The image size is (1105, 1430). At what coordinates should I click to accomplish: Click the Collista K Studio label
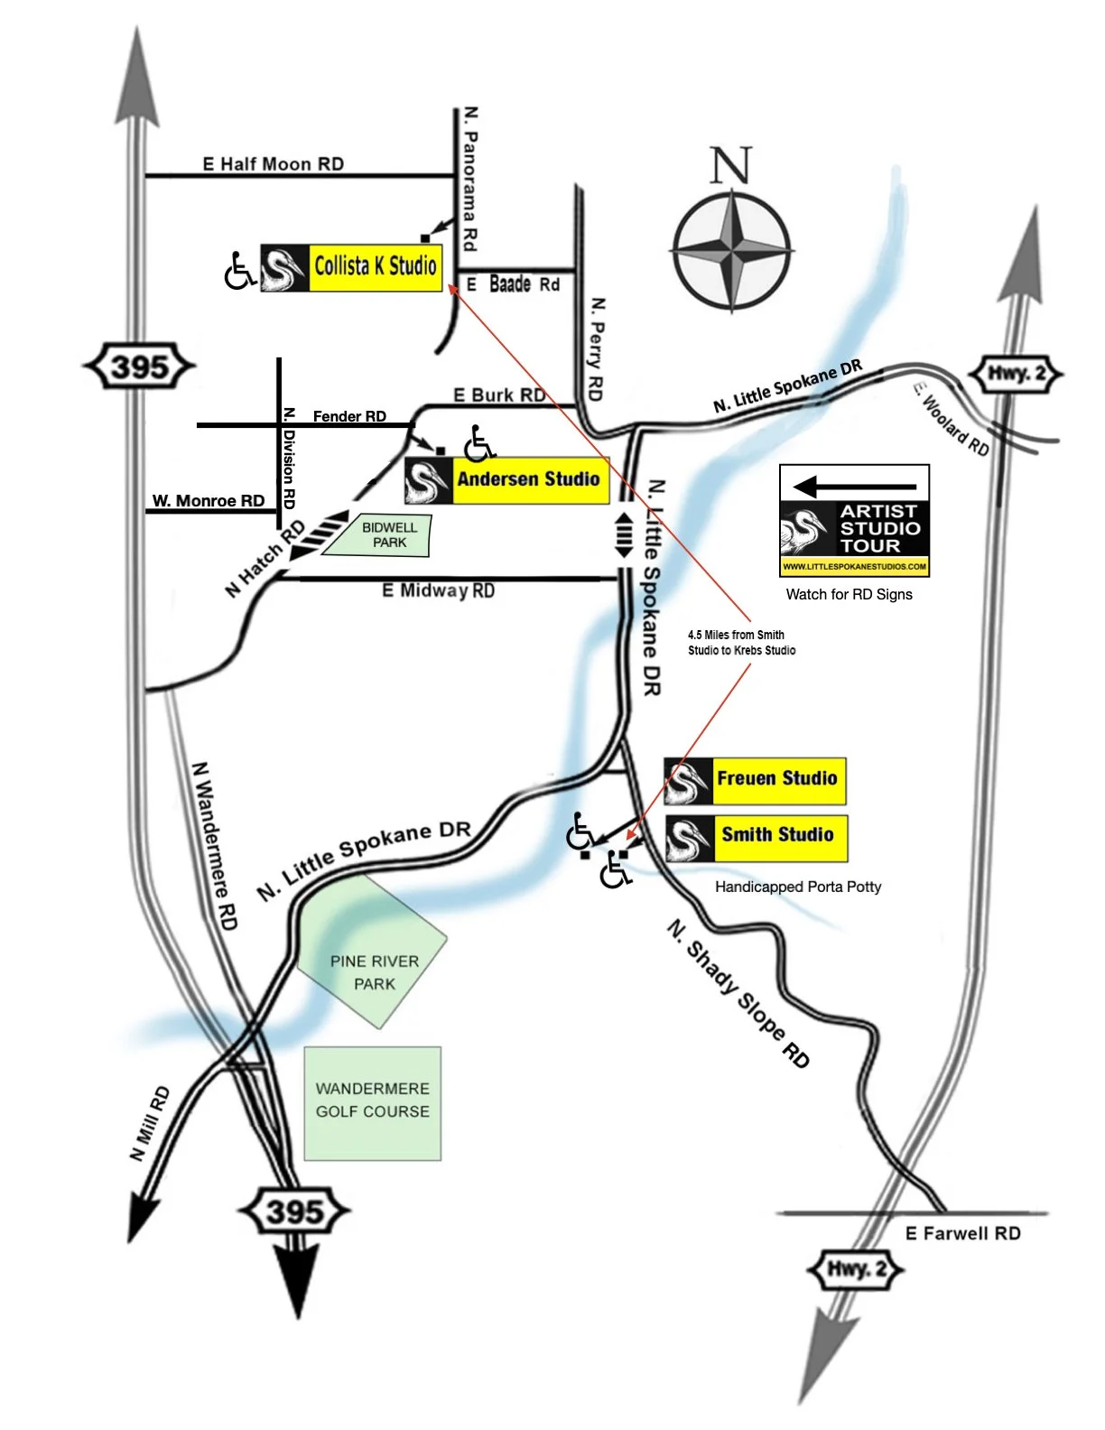(375, 266)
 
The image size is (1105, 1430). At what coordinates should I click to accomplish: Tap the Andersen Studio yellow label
(528, 479)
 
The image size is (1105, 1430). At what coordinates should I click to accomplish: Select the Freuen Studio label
(776, 779)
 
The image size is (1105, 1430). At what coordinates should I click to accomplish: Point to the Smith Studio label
(777, 836)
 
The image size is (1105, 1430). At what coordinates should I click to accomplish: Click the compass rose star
(731, 248)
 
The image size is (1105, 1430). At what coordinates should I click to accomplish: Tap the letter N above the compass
(730, 165)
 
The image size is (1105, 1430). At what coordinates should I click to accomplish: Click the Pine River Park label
(374, 972)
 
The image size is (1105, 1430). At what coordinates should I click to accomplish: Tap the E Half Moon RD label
(273, 163)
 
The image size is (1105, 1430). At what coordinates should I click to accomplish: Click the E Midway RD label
(438, 590)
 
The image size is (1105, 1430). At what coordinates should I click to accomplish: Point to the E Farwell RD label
(962, 1233)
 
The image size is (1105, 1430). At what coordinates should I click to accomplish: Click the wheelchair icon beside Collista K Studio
(239, 271)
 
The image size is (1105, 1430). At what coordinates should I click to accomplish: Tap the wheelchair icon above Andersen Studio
(479, 442)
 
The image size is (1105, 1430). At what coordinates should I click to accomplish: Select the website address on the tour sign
(854, 567)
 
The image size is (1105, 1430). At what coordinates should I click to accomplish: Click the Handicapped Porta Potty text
(798, 887)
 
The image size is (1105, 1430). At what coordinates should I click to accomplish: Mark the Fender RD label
(349, 416)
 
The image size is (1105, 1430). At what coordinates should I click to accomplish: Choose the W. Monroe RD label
(209, 501)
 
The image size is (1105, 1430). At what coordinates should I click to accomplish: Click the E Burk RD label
(498, 395)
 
